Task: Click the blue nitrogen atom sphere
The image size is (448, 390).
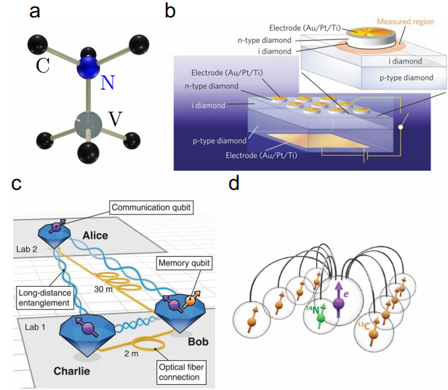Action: tap(88, 67)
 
